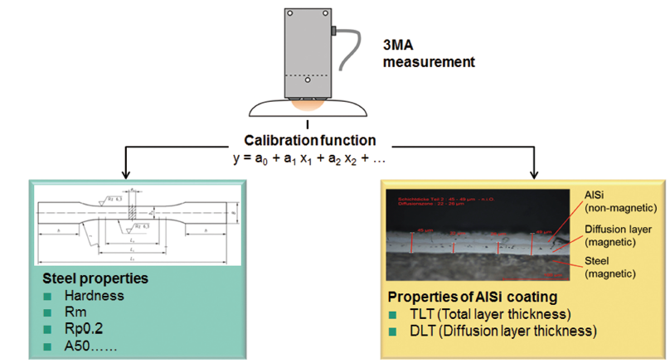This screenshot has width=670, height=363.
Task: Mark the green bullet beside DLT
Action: coord(395,332)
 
